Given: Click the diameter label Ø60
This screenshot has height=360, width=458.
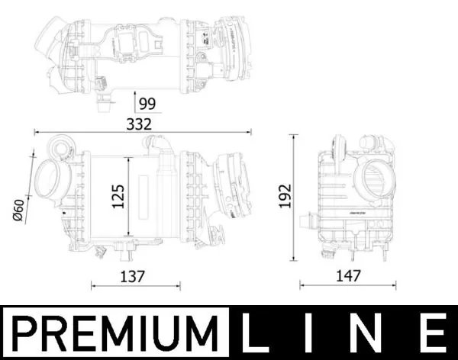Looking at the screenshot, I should pyautogui.click(x=20, y=208).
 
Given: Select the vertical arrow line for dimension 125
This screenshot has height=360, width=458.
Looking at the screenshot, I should pyautogui.click(x=130, y=196).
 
